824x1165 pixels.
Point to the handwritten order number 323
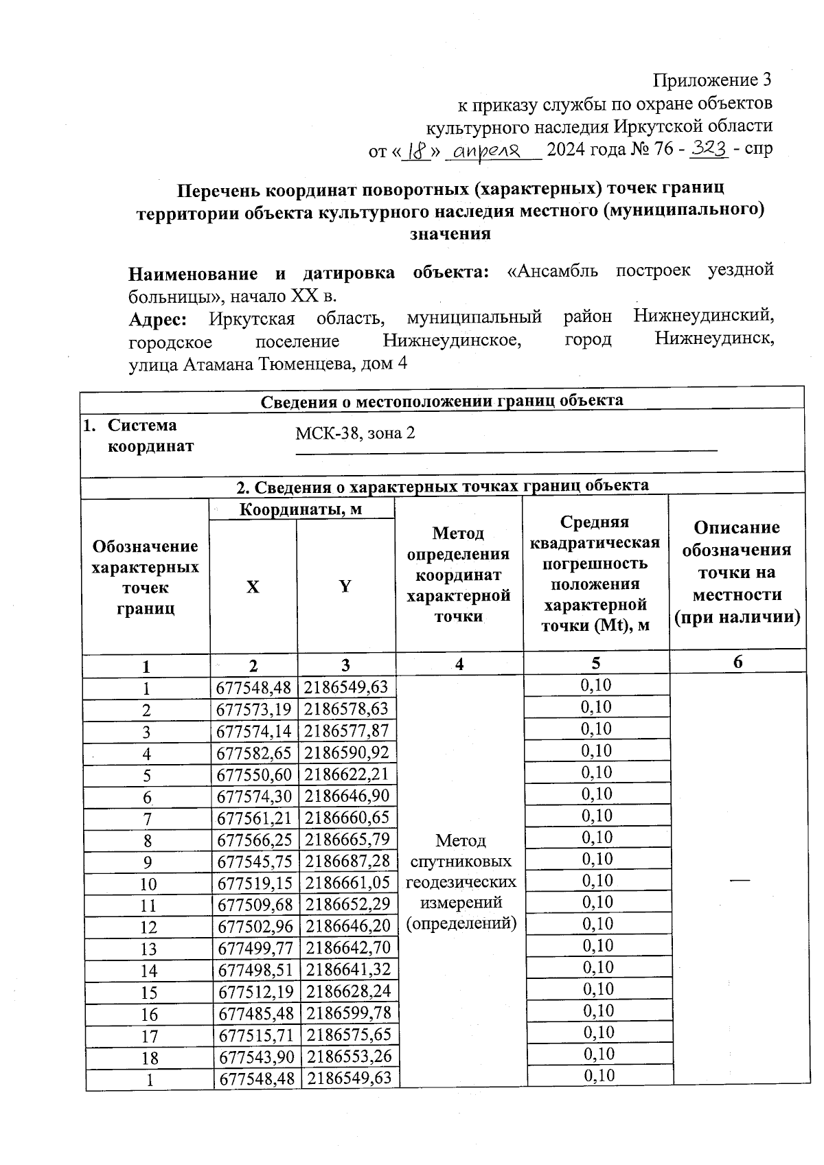709,148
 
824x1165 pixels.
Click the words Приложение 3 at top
712,80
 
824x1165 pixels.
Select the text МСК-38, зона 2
355,434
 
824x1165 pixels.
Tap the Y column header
345,586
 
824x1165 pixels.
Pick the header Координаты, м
301,509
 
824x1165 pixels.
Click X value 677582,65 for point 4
254,753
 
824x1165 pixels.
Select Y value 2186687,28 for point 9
348,862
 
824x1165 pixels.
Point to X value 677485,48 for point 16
254,1013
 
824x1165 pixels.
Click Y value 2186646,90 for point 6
348,796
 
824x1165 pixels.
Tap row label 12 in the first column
148,927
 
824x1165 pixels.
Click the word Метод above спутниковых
461,840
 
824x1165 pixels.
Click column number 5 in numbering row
595,663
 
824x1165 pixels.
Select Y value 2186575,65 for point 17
348,1035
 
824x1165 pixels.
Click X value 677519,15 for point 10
254,884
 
